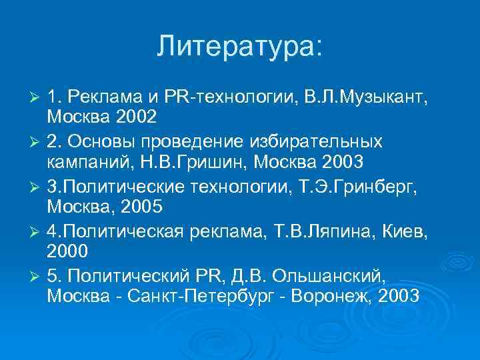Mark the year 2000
click(x=68, y=251)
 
